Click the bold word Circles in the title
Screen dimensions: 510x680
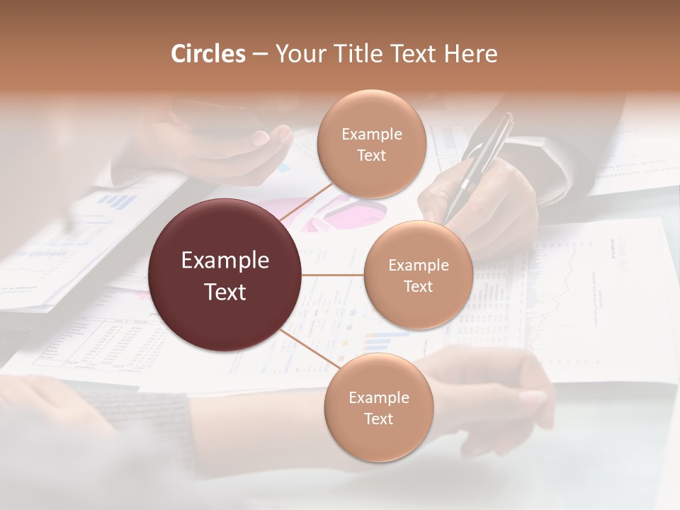208,54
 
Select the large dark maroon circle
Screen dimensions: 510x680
225,275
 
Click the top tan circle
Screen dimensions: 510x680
371,144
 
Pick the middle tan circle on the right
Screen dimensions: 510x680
418,275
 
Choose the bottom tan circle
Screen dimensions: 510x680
378,407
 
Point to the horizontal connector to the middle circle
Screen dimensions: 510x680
332,275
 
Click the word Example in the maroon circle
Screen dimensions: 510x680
225,261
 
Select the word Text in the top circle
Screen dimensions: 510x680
371,155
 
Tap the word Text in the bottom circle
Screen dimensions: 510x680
378,419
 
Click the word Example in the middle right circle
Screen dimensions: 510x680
418,266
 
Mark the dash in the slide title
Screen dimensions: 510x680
260,55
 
